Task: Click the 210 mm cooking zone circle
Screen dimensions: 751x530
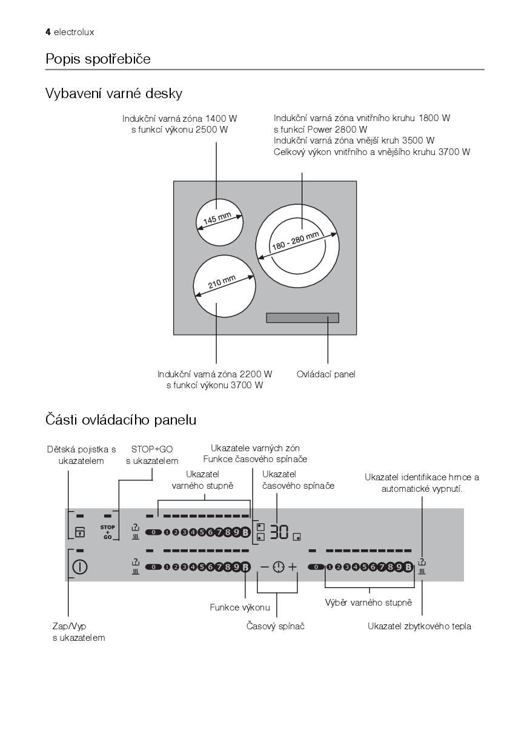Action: [x=224, y=284]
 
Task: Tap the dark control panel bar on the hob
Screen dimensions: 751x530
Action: [x=302, y=318]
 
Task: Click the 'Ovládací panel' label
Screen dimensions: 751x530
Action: [x=326, y=374]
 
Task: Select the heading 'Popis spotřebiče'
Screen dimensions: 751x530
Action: [x=98, y=59]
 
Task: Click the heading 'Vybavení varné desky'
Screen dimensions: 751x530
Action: [x=114, y=94]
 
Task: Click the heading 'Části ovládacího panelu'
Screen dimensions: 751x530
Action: [x=121, y=419]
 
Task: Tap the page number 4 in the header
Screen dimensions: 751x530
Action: [x=48, y=31]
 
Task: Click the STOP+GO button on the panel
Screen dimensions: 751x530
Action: [x=108, y=532]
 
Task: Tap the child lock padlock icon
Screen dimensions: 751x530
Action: [x=80, y=533]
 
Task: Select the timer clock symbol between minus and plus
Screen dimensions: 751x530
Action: [x=277, y=567]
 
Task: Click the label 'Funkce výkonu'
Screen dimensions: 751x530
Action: [x=240, y=607]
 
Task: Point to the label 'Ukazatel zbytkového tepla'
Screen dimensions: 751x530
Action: [x=419, y=626]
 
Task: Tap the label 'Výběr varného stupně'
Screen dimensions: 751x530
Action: [x=368, y=603]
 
